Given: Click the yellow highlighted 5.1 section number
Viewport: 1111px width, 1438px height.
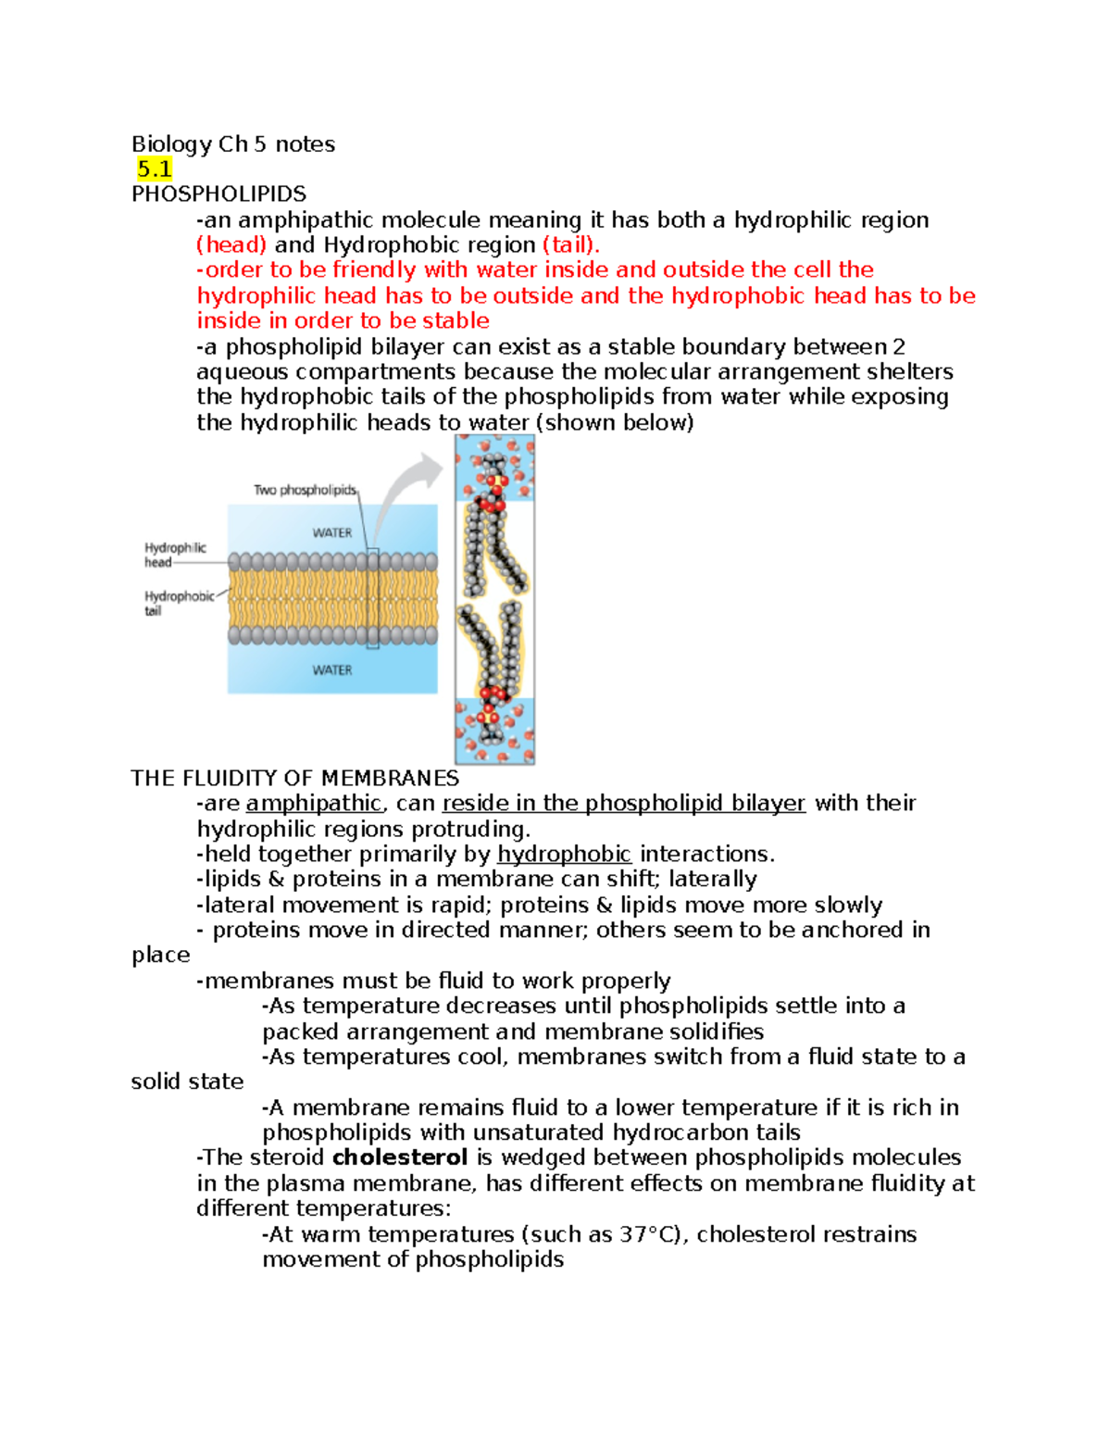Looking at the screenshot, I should click(154, 169).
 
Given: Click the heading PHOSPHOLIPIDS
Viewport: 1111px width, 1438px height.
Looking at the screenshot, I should click(218, 194).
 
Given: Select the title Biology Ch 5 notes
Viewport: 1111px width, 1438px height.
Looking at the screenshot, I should click(233, 144).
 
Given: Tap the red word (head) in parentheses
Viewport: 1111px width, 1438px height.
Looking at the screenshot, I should click(231, 244).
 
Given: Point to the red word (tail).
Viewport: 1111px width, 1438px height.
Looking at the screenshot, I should click(570, 244).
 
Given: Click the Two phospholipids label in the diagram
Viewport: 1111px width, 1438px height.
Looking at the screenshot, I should click(305, 490).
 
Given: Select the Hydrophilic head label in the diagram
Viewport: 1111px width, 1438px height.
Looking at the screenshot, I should click(174, 555).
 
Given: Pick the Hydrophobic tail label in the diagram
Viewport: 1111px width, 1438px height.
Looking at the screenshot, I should click(178, 603).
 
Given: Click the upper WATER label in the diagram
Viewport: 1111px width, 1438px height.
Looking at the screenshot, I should click(331, 532).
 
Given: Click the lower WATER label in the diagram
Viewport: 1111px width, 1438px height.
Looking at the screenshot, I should click(331, 669).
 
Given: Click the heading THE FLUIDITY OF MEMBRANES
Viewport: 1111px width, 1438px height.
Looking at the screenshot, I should click(294, 778).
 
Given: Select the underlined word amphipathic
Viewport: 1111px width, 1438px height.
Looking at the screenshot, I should click(314, 803).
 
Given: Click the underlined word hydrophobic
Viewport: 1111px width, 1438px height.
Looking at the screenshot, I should click(564, 854).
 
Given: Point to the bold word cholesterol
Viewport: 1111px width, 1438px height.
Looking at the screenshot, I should click(399, 1157).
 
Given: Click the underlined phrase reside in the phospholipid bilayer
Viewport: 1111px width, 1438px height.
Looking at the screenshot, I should click(623, 803).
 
